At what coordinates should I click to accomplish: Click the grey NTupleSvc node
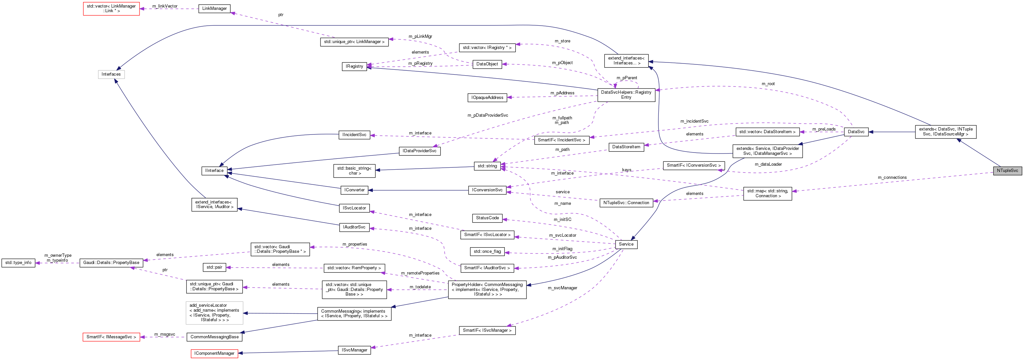click(1007, 170)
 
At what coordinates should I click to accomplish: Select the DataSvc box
click(856, 132)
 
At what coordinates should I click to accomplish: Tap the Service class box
click(626, 244)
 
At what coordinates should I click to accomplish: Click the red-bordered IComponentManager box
click(214, 353)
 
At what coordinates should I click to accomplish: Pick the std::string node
click(487, 166)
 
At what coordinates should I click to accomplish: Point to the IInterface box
click(214, 170)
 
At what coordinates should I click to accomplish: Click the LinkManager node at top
click(214, 8)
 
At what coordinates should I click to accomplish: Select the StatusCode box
click(487, 218)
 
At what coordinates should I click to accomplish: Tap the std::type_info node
click(18, 263)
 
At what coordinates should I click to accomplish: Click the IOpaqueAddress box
click(487, 97)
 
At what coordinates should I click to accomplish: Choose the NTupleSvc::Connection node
click(626, 203)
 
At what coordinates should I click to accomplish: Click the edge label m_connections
click(892, 177)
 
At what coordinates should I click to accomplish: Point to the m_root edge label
click(768, 84)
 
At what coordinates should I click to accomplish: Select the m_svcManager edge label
click(562, 288)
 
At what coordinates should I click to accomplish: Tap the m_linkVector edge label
click(165, 6)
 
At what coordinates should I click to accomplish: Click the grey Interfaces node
click(111, 74)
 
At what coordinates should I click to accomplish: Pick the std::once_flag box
click(487, 251)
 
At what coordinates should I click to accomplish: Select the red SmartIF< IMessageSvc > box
click(111, 337)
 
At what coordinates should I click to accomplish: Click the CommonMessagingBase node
click(214, 337)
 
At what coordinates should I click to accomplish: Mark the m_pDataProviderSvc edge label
click(487, 115)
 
